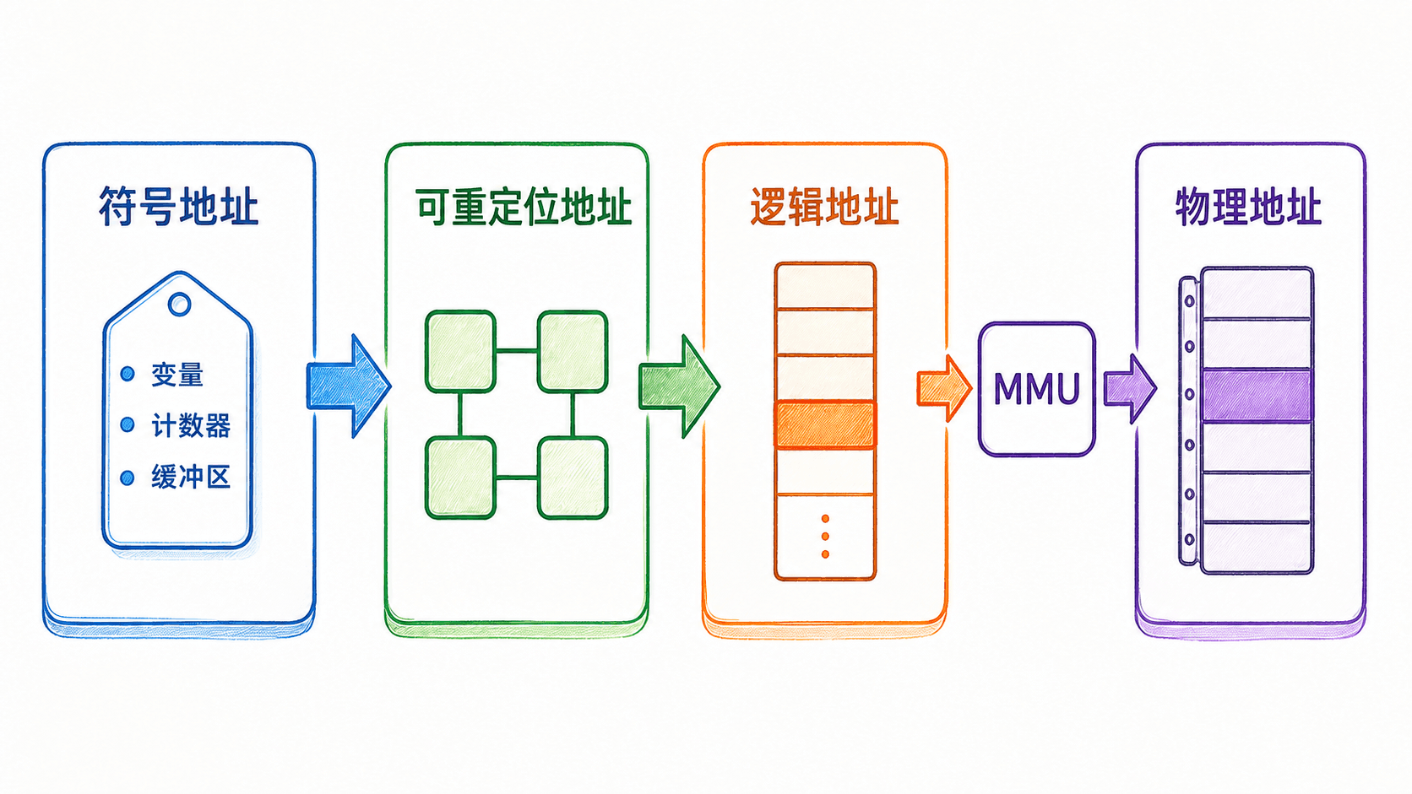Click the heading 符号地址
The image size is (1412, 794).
[x=179, y=206]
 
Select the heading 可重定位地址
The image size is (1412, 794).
[x=524, y=206]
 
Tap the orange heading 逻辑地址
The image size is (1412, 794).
[x=824, y=206]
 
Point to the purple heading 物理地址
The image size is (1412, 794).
[x=1248, y=206]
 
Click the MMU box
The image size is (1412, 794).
[x=1037, y=389]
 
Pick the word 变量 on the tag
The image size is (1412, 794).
[x=177, y=375]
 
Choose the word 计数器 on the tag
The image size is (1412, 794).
[x=190, y=425]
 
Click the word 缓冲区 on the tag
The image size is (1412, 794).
[x=190, y=477]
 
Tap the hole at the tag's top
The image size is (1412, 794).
[x=180, y=304]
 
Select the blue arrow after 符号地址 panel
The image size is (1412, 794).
[x=349, y=386]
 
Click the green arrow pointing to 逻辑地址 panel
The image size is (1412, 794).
[x=679, y=386]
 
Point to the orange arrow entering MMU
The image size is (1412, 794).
[x=943, y=388]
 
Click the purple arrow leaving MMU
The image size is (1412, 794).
[x=1130, y=388]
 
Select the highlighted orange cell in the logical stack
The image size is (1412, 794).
[x=825, y=425]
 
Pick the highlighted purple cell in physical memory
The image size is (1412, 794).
[x=1257, y=396]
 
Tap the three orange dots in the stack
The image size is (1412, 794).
[x=825, y=537]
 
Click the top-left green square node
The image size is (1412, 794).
[x=460, y=351]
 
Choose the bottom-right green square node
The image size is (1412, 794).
[x=573, y=478]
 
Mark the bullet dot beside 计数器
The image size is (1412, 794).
[x=128, y=425]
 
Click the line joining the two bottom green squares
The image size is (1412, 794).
[x=517, y=478]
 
